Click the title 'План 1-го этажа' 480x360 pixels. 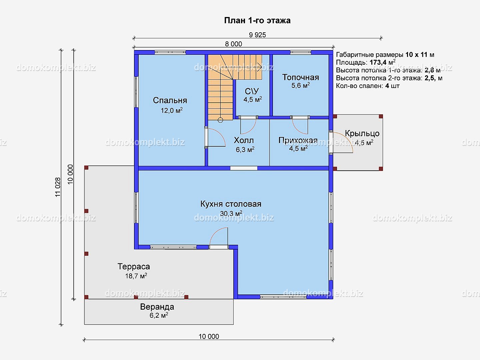click(x=257, y=21)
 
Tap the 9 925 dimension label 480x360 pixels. click(x=257, y=35)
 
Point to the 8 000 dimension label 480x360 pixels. click(x=234, y=44)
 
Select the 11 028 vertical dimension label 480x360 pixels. click(x=58, y=187)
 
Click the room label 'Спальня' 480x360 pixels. click(x=170, y=100)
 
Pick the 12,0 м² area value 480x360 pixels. click(x=172, y=110)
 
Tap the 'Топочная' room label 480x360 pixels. click(x=300, y=77)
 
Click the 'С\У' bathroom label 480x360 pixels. click(x=252, y=91)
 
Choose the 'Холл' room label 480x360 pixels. click(x=244, y=140)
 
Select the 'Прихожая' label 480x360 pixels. click(x=298, y=140)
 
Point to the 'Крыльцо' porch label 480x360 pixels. click(x=362, y=133)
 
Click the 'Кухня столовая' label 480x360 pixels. click(x=231, y=204)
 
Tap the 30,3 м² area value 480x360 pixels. click(x=231, y=213)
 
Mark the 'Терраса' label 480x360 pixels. click(x=134, y=266)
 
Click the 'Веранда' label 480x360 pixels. click(x=157, y=307)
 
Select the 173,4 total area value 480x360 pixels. click(x=378, y=63)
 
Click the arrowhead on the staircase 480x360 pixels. click(x=260, y=67)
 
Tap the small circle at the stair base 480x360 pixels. click(x=220, y=120)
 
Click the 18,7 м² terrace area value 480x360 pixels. click(x=136, y=276)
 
